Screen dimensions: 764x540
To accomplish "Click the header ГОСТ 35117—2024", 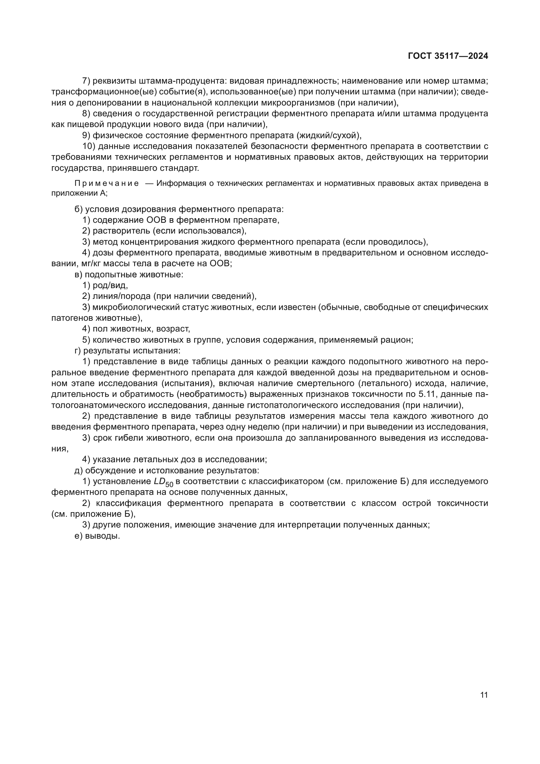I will pyautogui.click(x=448, y=56).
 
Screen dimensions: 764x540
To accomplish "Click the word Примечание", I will pyautogui.click(x=107, y=183).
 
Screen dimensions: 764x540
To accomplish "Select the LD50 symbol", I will pyautogui.click(x=164, y=482).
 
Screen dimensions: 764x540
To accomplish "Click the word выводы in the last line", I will pyautogui.click(x=103, y=536).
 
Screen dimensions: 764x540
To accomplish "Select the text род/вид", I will pyautogui.click(x=110, y=285).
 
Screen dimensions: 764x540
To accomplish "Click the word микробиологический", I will pyautogui.click(x=136, y=307).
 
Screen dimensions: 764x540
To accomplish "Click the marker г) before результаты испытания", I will pyautogui.click(x=77, y=350).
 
